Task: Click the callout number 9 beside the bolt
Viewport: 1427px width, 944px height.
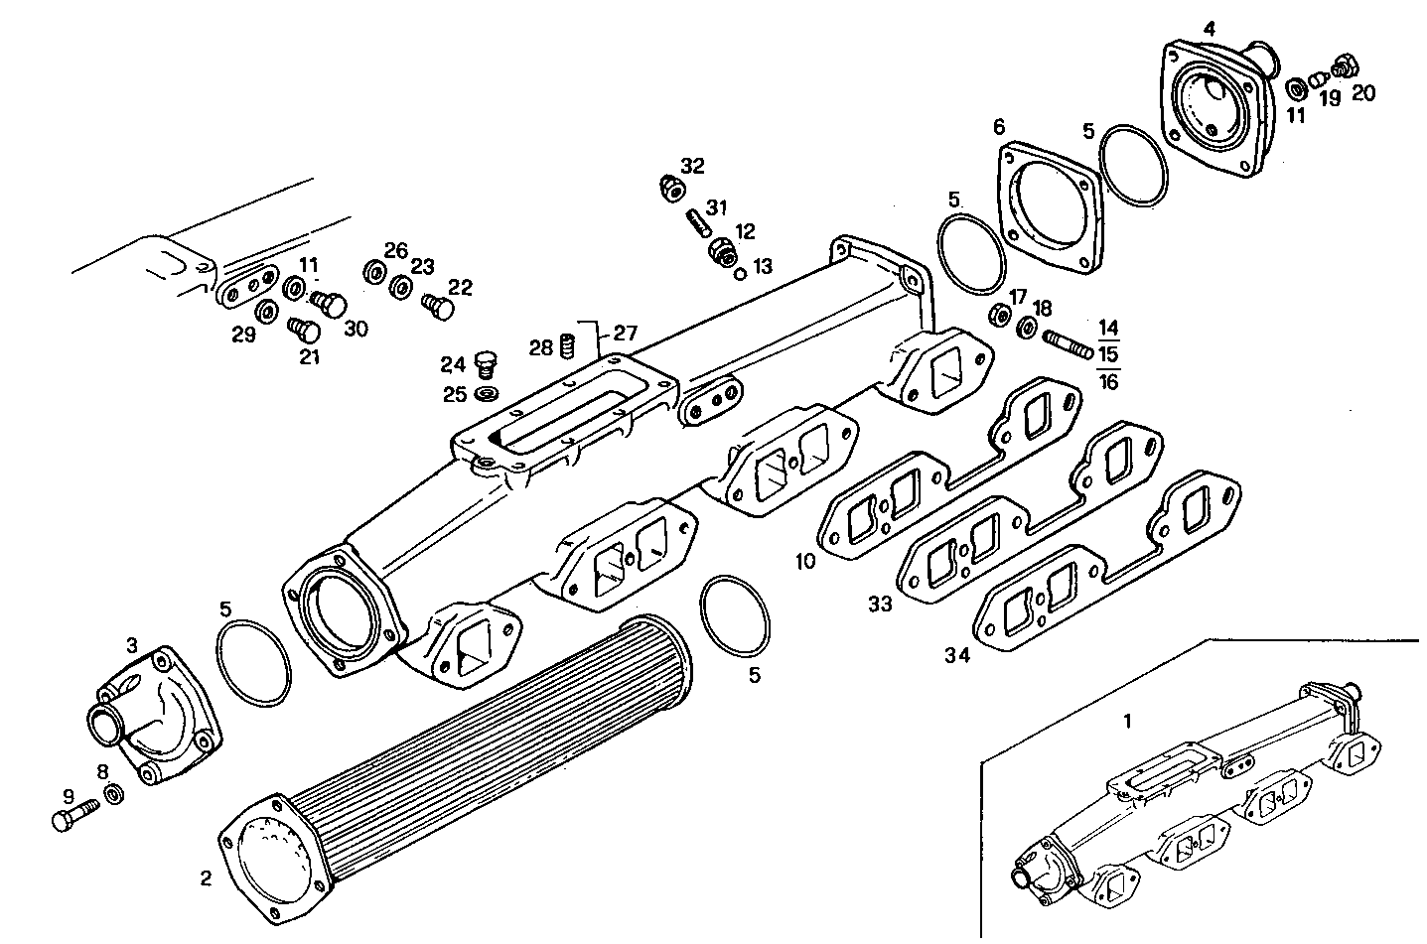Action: (68, 795)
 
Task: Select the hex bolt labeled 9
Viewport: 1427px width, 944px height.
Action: (71, 816)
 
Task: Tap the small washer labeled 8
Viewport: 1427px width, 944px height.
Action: (113, 795)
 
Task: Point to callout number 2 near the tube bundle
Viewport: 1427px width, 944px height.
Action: (206, 877)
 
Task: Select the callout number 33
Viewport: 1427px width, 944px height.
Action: (880, 604)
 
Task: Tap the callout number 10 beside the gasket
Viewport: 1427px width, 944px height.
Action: (805, 561)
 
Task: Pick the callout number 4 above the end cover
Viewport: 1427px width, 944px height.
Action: (1209, 28)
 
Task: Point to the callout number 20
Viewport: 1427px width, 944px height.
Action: (1363, 92)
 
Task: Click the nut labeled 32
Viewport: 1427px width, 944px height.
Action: (670, 186)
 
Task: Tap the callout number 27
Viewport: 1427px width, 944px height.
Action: (625, 333)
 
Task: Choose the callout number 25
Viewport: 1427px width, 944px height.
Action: (454, 395)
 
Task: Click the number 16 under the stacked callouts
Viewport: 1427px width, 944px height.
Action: (1109, 381)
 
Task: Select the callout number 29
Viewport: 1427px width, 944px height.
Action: (243, 336)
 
